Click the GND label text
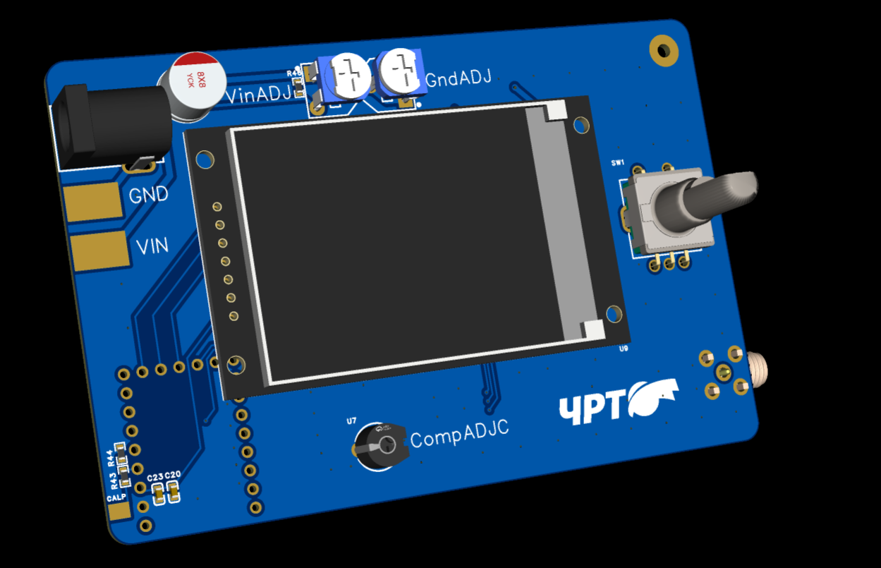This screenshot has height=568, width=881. coord(148,194)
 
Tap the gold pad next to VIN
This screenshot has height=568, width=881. coord(100,251)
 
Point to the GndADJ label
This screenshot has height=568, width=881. coord(458,78)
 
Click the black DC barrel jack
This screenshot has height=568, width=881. coord(106,127)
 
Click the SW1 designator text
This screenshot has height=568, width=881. coord(618,163)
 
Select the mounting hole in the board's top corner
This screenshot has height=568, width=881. coord(663,50)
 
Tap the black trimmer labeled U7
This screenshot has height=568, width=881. coord(381,445)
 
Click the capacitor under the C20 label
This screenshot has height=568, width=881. coord(174,492)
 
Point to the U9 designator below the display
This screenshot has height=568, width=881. coord(623,349)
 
